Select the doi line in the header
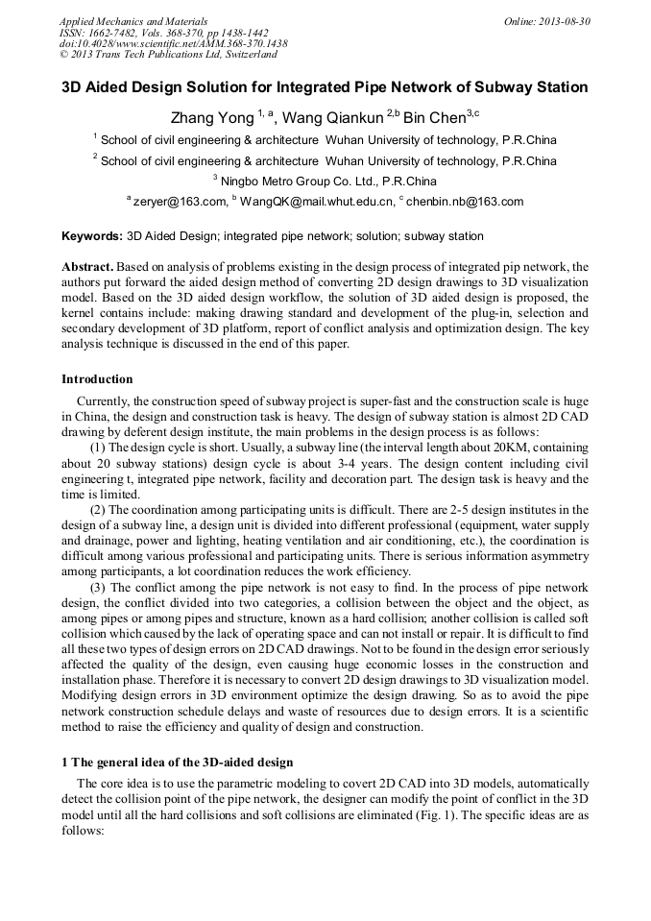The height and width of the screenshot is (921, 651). pos(173,43)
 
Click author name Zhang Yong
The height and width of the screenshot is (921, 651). pos(211,119)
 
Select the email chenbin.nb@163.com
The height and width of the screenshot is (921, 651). pos(466,202)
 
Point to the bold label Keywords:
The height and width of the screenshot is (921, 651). pos(92,235)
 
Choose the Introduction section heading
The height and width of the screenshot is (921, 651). pos(97,379)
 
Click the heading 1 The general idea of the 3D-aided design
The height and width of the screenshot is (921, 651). pos(177,763)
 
